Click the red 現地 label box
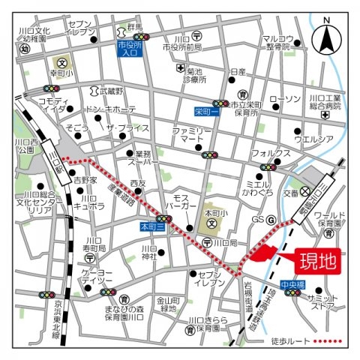tap(316, 262)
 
